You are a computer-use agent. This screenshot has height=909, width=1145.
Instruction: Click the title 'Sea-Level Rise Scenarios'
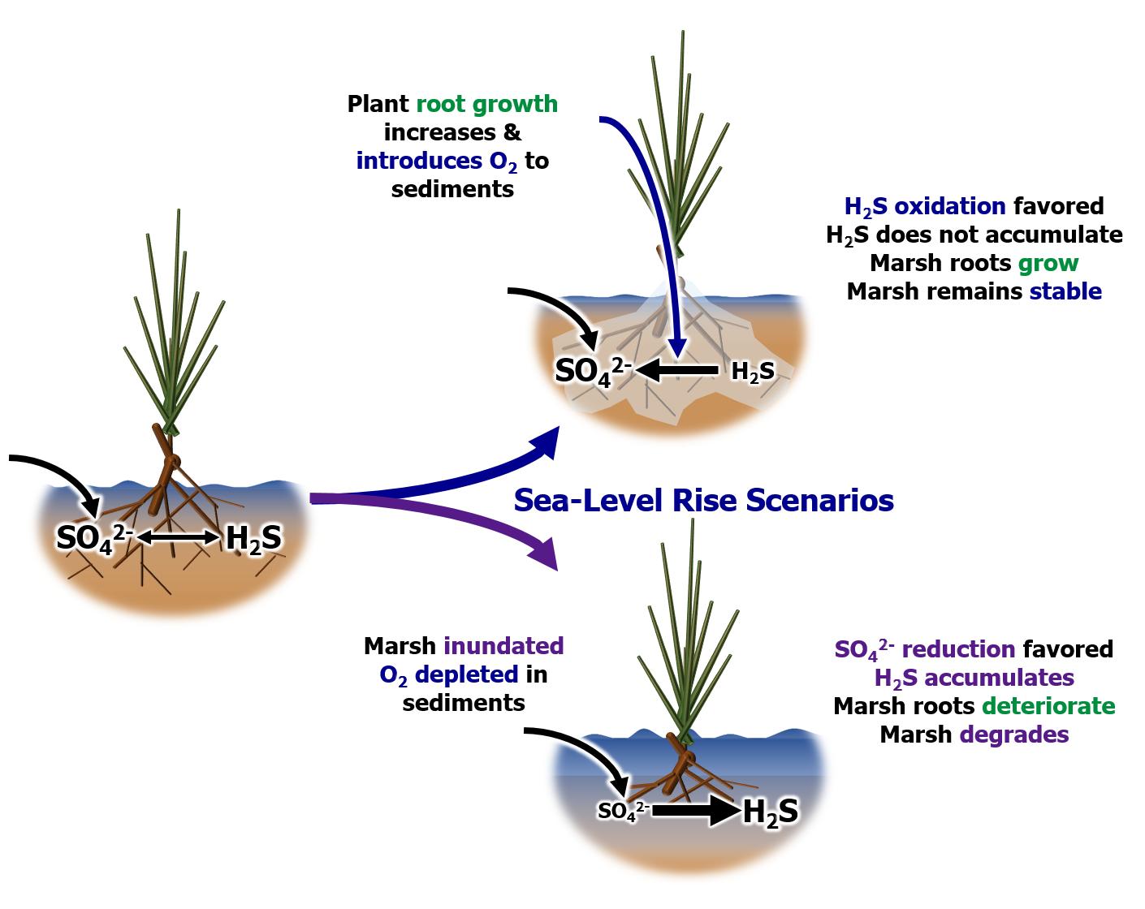coord(703,500)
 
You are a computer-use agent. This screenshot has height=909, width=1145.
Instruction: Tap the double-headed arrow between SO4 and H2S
coord(179,536)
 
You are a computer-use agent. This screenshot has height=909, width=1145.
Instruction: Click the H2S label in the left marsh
coord(253,538)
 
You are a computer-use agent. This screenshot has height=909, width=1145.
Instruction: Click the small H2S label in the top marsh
coord(753,372)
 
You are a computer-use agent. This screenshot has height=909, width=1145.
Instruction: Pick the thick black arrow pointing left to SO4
coord(678,371)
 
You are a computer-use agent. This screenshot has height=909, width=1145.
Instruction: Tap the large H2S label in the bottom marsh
coord(770,812)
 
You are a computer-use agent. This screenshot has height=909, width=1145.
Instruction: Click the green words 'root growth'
coord(487,105)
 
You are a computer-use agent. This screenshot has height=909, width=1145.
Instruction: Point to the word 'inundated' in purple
coord(503,646)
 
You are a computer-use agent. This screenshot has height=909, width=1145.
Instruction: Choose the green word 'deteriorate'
coord(1048,705)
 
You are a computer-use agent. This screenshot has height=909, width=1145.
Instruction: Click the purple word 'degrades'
coord(1014,734)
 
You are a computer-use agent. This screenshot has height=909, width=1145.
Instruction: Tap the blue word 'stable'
coord(1065,291)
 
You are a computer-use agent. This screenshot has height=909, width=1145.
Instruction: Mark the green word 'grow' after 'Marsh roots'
coord(1048,263)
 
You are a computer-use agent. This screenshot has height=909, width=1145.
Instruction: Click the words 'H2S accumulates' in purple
coord(974,678)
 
